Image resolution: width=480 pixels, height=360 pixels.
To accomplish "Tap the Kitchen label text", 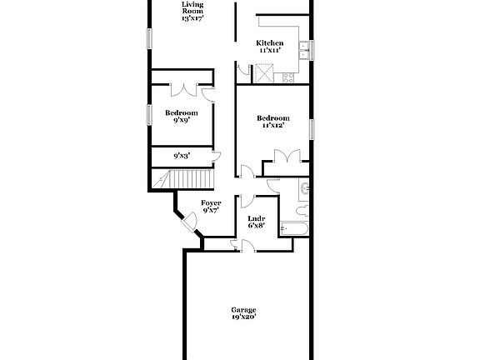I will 270,47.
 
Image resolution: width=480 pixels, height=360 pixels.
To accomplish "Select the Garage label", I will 243,314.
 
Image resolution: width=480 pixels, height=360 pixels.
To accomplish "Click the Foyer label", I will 211,207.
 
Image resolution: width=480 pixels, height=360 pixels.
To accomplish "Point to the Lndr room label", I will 257,222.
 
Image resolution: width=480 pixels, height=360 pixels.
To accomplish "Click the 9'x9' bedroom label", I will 181,117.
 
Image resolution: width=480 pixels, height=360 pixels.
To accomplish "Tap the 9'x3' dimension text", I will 182,156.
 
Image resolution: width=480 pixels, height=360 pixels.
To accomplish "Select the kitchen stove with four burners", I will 288,79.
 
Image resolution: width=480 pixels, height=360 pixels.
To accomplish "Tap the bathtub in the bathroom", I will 296,227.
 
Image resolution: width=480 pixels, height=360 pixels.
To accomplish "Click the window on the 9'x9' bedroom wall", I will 149,114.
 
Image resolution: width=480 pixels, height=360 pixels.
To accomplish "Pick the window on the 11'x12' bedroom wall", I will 312,130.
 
